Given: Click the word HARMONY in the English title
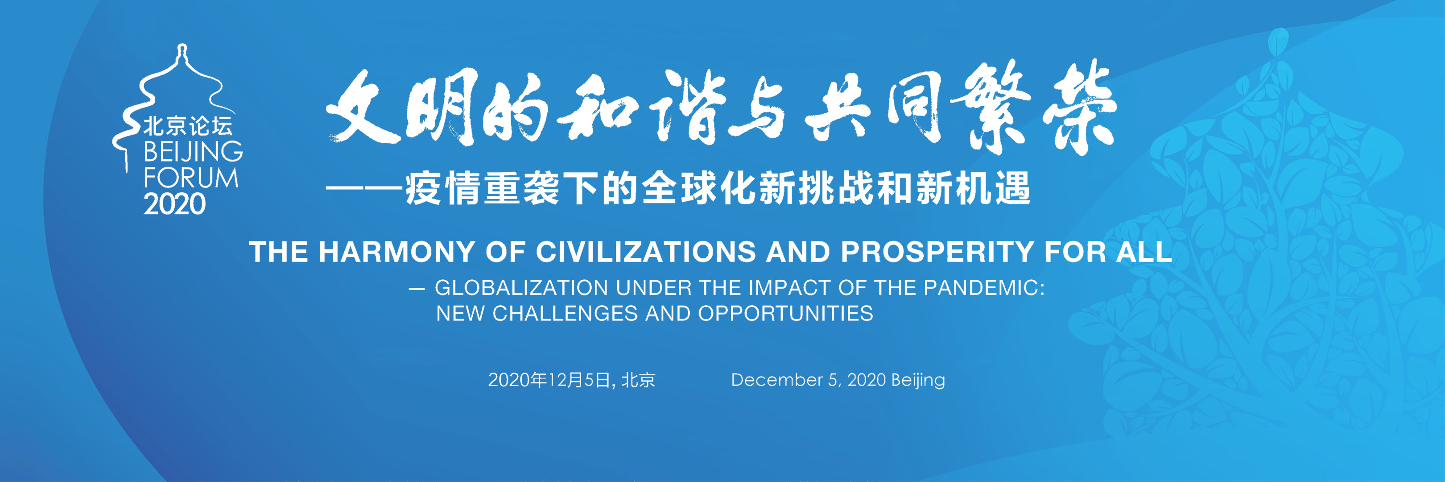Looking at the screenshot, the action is (x=396, y=252).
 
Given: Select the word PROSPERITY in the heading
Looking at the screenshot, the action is (x=937, y=252).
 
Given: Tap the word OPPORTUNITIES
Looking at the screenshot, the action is (x=785, y=314).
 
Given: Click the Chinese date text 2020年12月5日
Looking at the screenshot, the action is (x=549, y=380).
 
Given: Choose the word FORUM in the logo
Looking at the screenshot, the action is (x=191, y=178).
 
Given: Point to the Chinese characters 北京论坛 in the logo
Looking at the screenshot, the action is (x=187, y=126).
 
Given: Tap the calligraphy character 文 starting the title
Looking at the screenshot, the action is (x=363, y=107).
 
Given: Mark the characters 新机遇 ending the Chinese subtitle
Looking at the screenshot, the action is (x=973, y=188).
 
